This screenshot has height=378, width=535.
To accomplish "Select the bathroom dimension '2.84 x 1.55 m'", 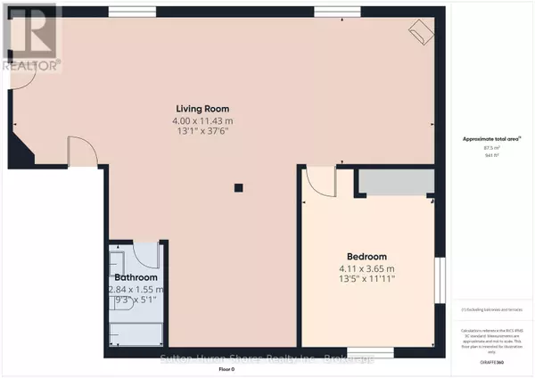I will pos(136,290).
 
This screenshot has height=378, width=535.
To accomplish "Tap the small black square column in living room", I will pos(238,188).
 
